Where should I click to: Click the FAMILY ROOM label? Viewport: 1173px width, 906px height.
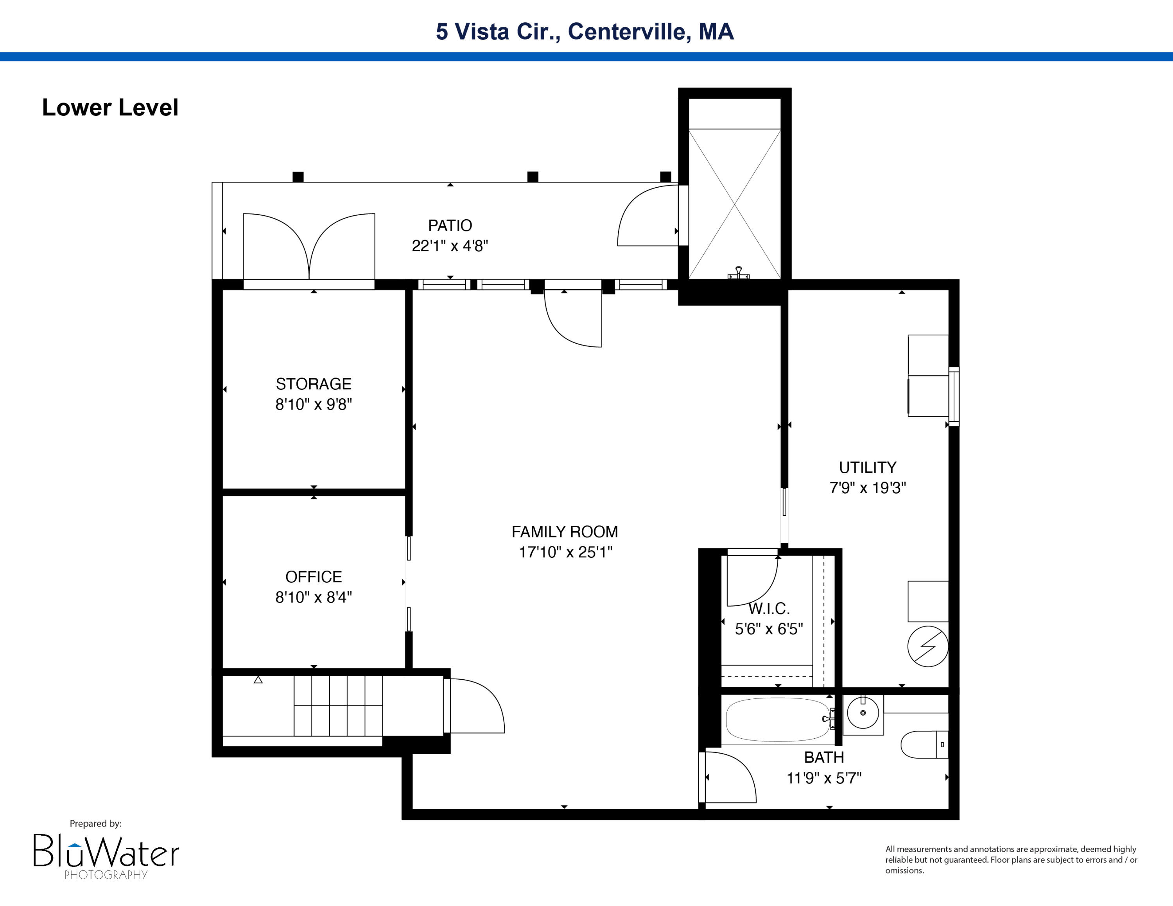tap(565, 531)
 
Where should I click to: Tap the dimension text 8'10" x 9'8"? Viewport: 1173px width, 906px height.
tap(314, 404)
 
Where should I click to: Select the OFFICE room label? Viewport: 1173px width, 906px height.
tap(314, 577)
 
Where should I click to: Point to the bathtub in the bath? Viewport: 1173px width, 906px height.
tap(777, 720)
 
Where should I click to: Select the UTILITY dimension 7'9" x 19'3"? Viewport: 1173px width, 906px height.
tap(867, 488)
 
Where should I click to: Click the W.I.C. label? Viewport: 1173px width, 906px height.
tap(769, 609)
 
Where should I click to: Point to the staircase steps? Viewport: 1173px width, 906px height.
tap(338, 705)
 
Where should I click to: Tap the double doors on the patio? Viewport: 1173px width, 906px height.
tap(309, 247)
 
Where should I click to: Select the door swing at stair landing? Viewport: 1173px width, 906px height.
tap(475, 706)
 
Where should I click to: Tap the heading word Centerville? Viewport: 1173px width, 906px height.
tap(626, 32)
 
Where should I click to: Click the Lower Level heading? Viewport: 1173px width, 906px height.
tap(110, 107)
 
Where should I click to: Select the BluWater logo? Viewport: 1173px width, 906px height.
tap(106, 853)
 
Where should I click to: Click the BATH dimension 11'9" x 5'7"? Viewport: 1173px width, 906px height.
tap(824, 778)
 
